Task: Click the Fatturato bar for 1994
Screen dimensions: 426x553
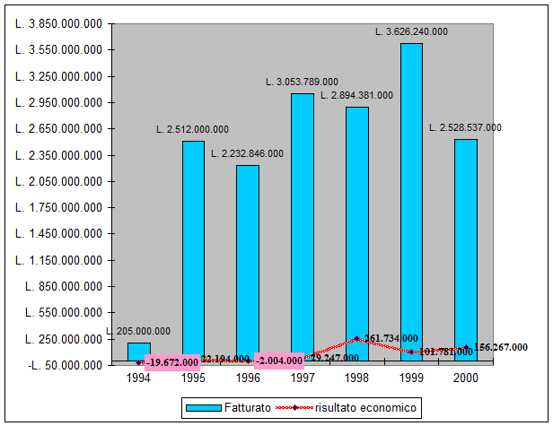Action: coord(139,351)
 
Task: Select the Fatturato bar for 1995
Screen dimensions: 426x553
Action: coord(194,251)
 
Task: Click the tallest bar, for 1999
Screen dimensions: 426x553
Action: coord(411,202)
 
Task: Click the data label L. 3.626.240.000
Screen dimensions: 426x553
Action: coord(411,31)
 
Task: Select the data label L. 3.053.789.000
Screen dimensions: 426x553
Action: coord(302,82)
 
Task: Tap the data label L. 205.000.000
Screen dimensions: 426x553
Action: coord(138,331)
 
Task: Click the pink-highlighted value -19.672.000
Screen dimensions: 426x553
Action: coord(171,362)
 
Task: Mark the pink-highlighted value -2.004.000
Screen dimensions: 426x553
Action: coord(279,361)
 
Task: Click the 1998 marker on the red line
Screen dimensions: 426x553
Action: coord(357,339)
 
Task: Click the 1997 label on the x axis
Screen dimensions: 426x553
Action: coord(303,378)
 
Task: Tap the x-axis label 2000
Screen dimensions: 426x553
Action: coord(466,378)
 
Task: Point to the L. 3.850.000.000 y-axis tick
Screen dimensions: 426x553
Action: coord(57,24)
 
